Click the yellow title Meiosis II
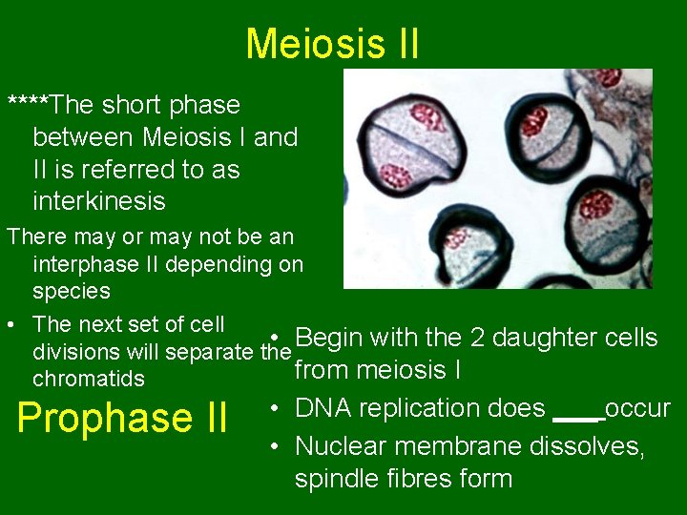pyautogui.click(x=332, y=44)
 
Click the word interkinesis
pyautogui.click(x=99, y=201)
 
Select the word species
pyautogui.click(x=72, y=290)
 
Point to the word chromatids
pyautogui.click(x=89, y=379)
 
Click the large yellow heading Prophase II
pyautogui.click(x=122, y=418)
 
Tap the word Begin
pyautogui.click(x=333, y=338)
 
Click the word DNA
pyautogui.click(x=322, y=408)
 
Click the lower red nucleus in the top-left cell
pyautogui.click(x=395, y=176)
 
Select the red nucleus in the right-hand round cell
pyautogui.click(x=596, y=204)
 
